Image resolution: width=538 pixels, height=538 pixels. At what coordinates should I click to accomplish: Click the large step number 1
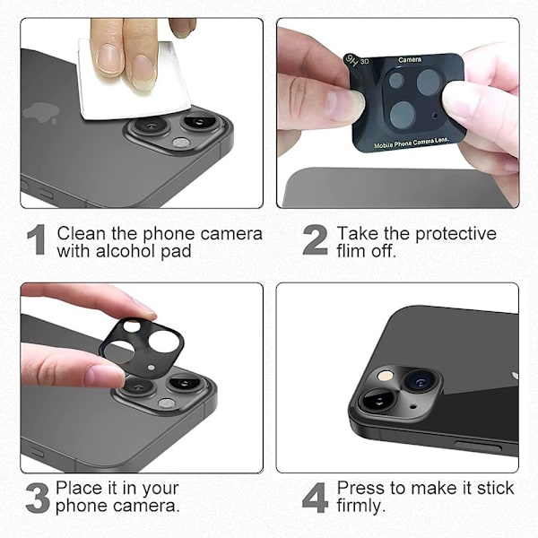pyautogui.click(x=37, y=239)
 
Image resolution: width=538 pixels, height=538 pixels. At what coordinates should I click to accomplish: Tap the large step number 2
pyautogui.click(x=315, y=239)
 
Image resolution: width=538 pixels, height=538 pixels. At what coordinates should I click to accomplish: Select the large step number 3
pyautogui.click(x=38, y=498)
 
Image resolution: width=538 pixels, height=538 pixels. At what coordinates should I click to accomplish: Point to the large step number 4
pyautogui.click(x=315, y=498)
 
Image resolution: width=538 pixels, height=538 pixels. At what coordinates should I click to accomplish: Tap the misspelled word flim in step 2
pyautogui.click(x=352, y=251)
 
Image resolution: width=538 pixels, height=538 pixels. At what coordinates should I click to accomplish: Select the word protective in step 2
pyautogui.click(x=456, y=235)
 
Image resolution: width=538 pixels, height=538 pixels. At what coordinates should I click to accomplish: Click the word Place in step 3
pyautogui.click(x=77, y=488)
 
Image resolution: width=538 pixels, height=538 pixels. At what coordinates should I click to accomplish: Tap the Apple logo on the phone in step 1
pyautogui.click(x=41, y=114)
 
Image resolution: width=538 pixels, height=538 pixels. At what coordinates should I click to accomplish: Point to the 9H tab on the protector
pyautogui.click(x=351, y=61)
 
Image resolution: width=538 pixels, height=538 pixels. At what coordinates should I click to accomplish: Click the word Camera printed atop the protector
pyautogui.click(x=410, y=60)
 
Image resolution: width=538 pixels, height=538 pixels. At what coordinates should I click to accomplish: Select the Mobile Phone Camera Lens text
pyautogui.click(x=412, y=143)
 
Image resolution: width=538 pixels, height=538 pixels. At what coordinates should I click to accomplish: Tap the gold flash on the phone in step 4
pyautogui.click(x=385, y=376)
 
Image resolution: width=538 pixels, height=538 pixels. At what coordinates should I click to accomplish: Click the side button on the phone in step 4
pyautogui.click(x=478, y=447)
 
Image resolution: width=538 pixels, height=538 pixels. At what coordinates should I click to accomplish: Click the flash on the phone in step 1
pyautogui.click(x=181, y=143)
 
